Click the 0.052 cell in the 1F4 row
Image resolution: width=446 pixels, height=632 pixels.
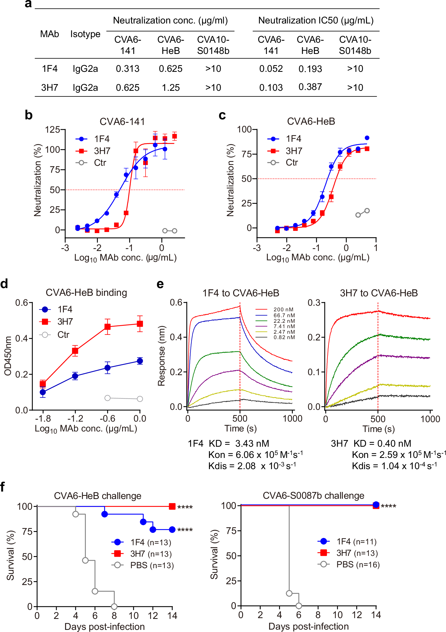[271, 69]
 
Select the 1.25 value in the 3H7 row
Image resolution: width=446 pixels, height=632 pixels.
[171, 88]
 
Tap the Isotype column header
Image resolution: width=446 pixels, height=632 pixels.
[85, 34]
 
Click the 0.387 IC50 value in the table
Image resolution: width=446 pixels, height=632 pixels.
[310, 87]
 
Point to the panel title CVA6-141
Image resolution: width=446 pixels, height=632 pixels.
[122, 121]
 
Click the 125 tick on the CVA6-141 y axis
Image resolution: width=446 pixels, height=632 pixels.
[53, 129]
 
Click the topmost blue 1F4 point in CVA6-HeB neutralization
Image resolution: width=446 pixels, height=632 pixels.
[367, 138]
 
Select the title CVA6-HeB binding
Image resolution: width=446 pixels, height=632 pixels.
[86, 292]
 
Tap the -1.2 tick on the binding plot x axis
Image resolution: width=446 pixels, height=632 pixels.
[75, 418]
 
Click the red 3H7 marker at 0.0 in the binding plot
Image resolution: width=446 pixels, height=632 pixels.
[140, 324]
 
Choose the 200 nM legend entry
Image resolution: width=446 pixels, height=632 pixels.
[283, 309]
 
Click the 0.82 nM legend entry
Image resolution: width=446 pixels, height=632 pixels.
[284, 337]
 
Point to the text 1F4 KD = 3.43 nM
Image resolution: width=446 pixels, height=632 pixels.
[229, 443]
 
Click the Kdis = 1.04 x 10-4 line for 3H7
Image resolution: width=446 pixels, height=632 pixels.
[394, 466]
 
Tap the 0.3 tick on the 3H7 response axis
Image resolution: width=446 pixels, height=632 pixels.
[314, 303]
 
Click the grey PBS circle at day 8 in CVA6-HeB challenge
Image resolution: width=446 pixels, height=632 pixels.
[114, 606]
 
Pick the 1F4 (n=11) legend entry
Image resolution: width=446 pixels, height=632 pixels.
[356, 541]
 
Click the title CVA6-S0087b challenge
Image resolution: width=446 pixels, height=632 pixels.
[313, 496]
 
